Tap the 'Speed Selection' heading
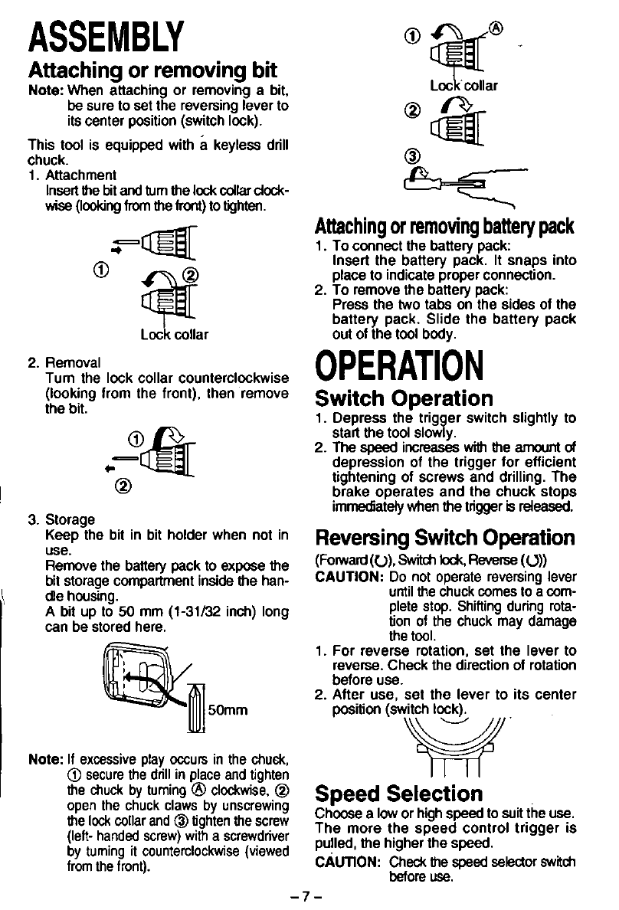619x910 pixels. tap(399, 793)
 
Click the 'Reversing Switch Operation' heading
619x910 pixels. tap(445, 537)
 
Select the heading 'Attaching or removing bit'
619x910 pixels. tap(152, 71)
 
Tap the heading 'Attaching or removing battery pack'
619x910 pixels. tap(444, 227)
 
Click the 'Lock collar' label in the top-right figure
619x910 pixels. tap(465, 86)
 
